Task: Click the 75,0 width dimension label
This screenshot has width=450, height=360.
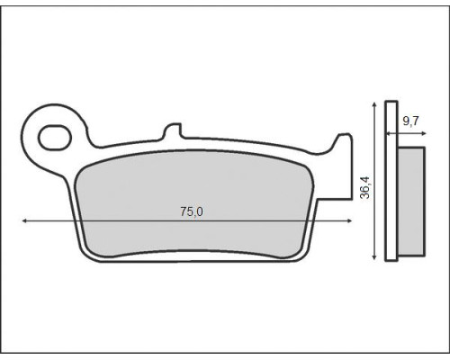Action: click(x=192, y=211)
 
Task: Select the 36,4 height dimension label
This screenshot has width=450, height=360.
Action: click(x=365, y=188)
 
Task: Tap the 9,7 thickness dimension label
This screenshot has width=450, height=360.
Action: click(x=410, y=121)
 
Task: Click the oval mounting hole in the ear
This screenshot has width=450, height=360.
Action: click(x=55, y=138)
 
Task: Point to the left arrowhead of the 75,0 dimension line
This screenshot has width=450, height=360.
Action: click(x=24, y=221)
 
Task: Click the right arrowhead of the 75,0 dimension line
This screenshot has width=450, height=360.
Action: click(x=349, y=221)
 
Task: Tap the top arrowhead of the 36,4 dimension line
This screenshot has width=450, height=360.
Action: click(x=373, y=104)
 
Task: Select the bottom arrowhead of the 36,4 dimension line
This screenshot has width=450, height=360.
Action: click(x=373, y=256)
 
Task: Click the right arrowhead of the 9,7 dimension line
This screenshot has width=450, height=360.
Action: click(x=424, y=133)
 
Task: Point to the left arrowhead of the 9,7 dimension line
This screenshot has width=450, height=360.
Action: click(x=388, y=133)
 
